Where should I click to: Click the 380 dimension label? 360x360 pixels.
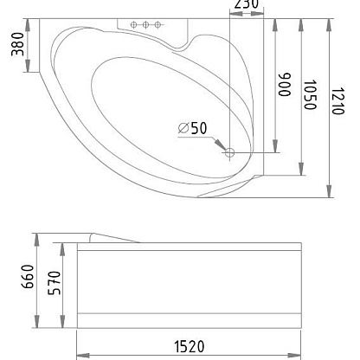point(17,44)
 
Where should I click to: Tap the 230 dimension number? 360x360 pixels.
point(246,4)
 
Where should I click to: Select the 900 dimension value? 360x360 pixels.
point(285,84)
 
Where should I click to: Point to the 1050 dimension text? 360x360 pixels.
point(310,94)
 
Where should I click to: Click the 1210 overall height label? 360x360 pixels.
point(337,101)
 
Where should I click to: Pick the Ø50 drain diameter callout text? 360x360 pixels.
point(192,128)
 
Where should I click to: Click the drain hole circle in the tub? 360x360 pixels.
point(229,152)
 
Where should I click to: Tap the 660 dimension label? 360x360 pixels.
point(28,276)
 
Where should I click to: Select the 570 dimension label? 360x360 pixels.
point(55,283)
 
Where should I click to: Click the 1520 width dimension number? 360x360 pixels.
point(190,347)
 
